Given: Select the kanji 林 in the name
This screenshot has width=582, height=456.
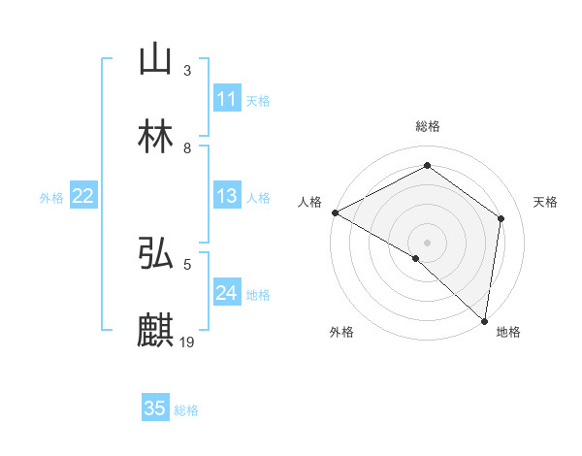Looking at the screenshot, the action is click(x=155, y=138).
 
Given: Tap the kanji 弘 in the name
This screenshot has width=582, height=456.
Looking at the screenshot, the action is click(x=155, y=254).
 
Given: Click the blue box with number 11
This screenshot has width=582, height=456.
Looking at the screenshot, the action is click(x=227, y=99).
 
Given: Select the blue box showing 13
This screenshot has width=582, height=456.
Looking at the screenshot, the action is click(x=227, y=196).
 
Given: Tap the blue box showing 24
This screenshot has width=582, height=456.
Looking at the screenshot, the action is click(x=227, y=293).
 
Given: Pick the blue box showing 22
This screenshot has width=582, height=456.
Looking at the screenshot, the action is click(x=83, y=196).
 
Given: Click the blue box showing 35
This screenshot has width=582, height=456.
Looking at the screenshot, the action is click(x=155, y=408).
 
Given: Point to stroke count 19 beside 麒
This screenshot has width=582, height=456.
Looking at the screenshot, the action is click(x=187, y=342).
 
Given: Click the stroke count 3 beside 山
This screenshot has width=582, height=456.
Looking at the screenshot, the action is click(x=187, y=70).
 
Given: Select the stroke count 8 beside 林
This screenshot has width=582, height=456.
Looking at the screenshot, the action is click(x=187, y=147).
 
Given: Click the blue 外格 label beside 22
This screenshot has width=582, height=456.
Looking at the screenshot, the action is click(x=51, y=197).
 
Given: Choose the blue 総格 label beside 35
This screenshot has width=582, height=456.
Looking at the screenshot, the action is click(x=186, y=409).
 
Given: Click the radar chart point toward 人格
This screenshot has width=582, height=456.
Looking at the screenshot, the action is click(x=335, y=212).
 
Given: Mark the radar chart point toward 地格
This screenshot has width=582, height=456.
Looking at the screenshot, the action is click(x=484, y=319).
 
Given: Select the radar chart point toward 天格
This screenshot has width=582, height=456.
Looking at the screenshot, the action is click(x=501, y=218).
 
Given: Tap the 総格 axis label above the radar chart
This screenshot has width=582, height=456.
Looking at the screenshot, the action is click(x=428, y=126).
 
